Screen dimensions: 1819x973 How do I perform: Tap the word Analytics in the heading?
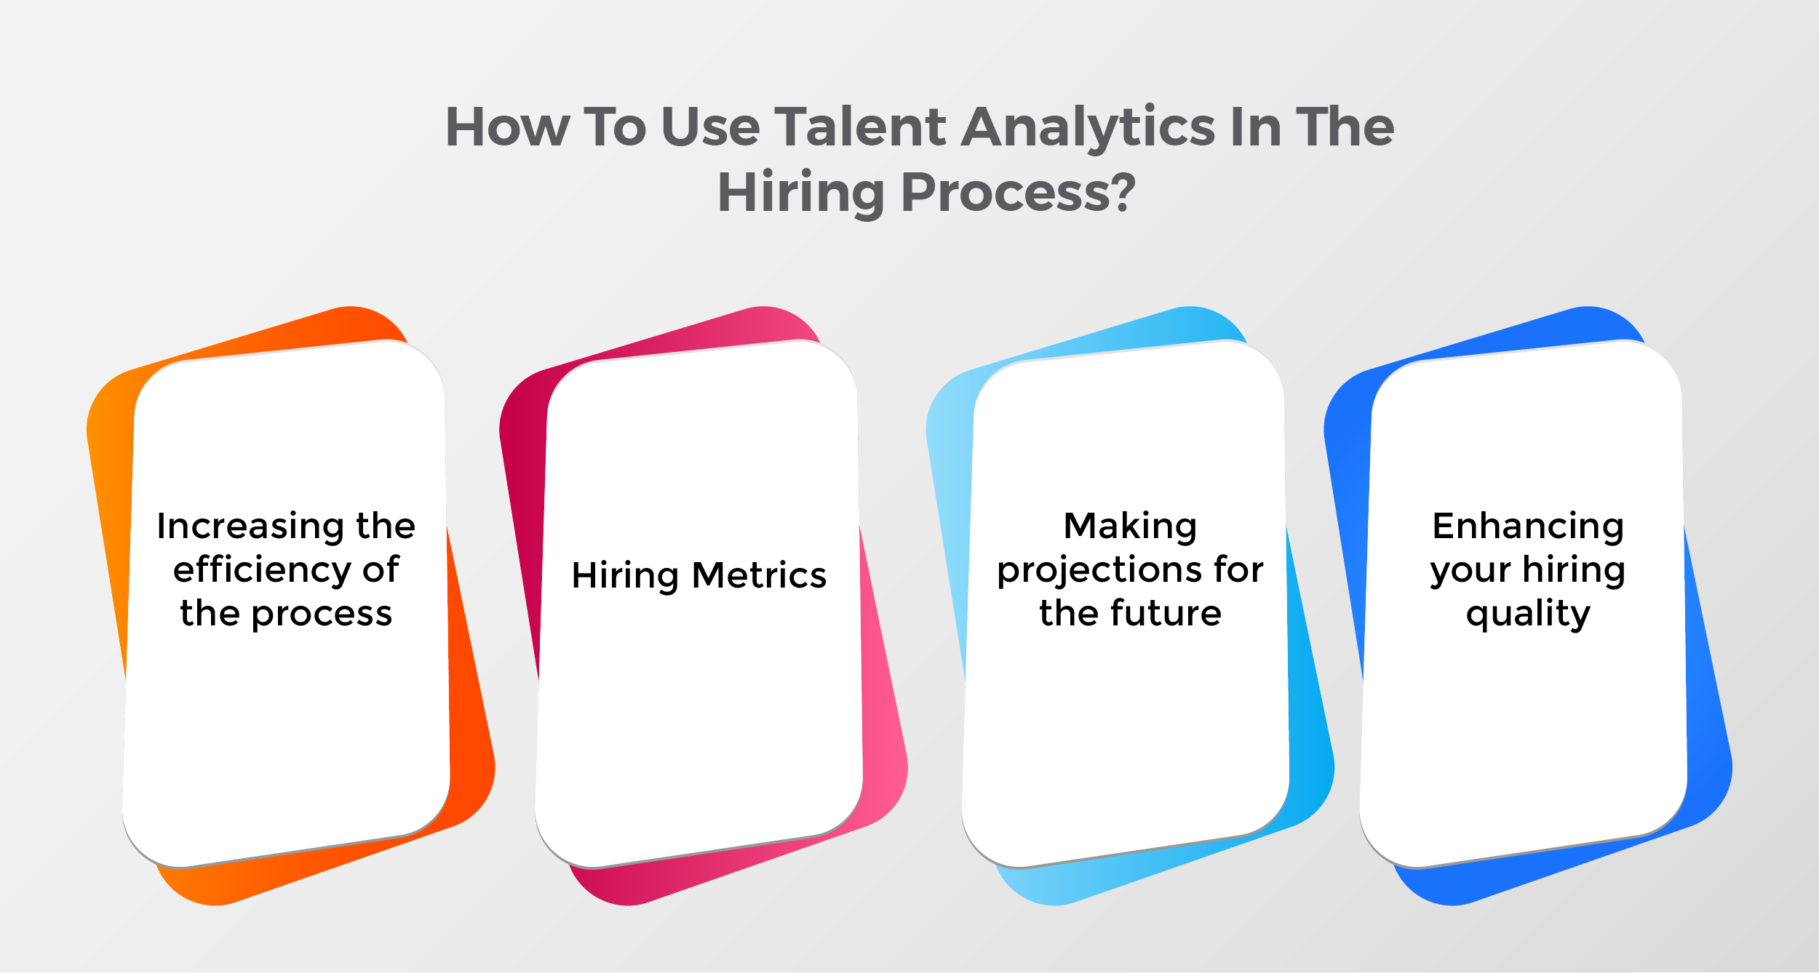tap(1088, 129)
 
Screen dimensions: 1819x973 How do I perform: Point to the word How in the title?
tap(508, 127)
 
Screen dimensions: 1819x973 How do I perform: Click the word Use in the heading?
tap(711, 127)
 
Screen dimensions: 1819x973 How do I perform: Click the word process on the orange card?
tap(322, 615)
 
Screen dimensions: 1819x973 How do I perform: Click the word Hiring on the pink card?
tap(625, 577)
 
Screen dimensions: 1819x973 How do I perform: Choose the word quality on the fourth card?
tap(1528, 615)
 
